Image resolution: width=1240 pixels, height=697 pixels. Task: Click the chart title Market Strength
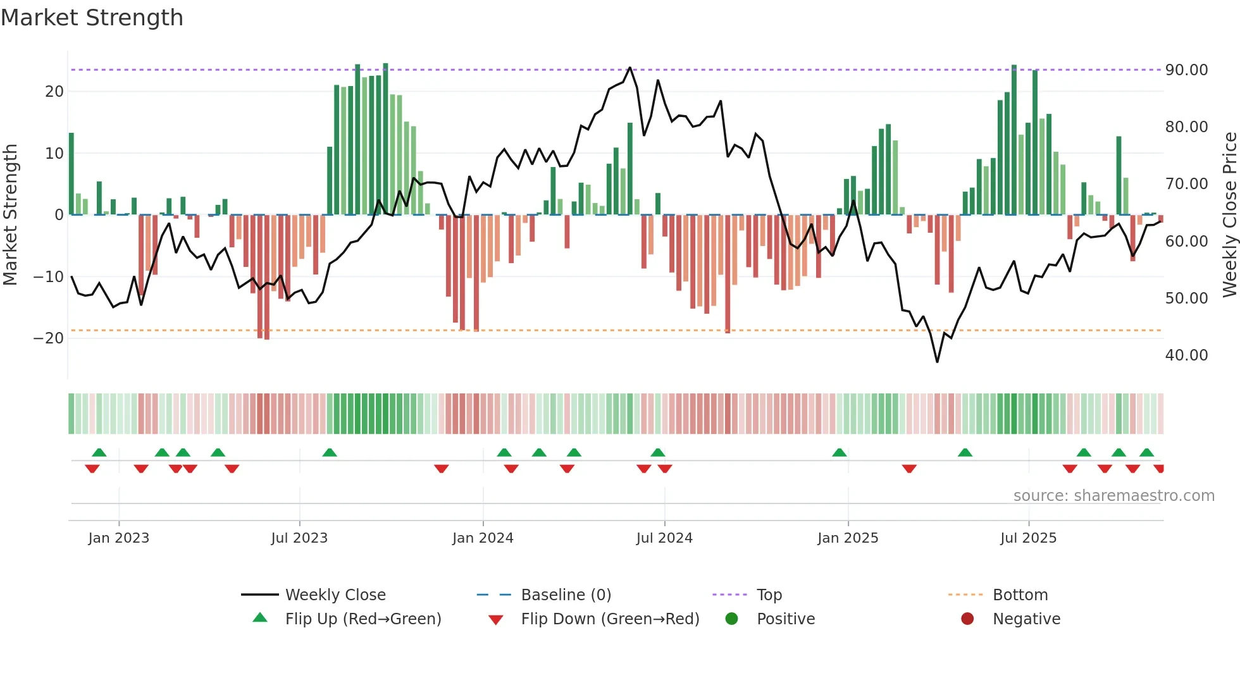point(92,18)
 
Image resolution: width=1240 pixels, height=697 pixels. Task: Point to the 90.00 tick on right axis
point(1186,70)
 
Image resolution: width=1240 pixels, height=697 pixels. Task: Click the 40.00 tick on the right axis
point(1186,355)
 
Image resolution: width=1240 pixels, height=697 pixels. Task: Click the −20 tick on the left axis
point(49,338)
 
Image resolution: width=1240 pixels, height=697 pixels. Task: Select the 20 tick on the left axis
point(54,92)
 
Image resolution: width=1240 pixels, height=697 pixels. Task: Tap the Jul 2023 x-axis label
point(299,538)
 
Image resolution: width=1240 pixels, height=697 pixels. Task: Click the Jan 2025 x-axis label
point(848,538)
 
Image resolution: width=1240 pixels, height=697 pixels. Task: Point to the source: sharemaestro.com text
point(1113,496)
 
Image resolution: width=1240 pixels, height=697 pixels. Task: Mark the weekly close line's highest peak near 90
point(629,68)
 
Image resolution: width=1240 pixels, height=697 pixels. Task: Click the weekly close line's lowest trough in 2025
point(937,362)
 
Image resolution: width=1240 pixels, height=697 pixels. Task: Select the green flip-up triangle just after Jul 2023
point(330,452)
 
